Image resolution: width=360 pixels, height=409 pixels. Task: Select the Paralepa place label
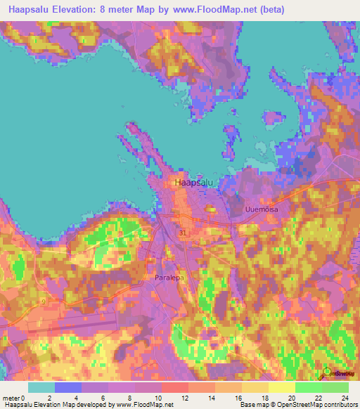(x=169, y=278)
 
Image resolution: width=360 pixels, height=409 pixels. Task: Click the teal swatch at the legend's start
(x=41, y=387)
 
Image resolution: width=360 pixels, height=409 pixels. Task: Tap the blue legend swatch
(x=67, y=387)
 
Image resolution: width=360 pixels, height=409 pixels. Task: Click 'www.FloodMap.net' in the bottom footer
(x=144, y=405)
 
